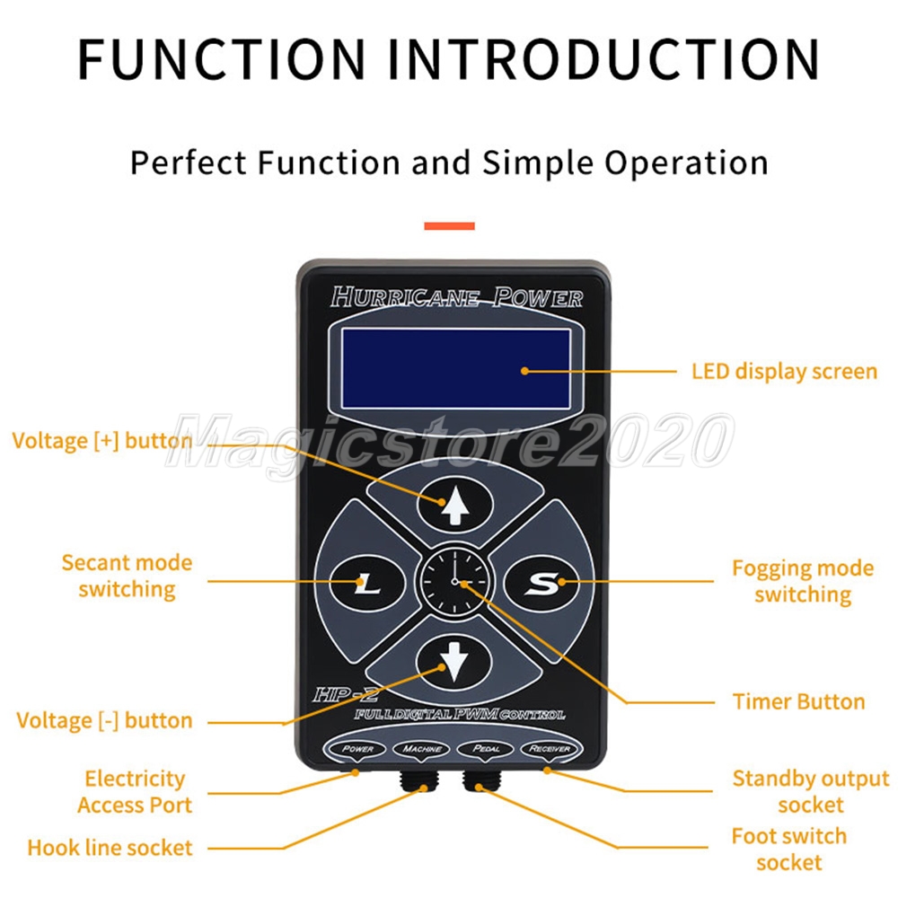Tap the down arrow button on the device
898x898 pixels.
(x=455, y=665)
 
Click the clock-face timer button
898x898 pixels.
(x=455, y=583)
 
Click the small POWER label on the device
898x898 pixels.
(x=357, y=748)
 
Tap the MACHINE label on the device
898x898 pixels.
(x=421, y=748)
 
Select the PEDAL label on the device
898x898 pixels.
(x=484, y=748)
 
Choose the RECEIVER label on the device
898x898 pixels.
(x=550, y=748)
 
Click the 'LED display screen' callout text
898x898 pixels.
(x=783, y=371)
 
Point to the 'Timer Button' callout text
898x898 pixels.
(x=798, y=701)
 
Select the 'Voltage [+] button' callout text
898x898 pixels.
(x=101, y=441)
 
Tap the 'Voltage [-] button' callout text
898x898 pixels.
(x=104, y=720)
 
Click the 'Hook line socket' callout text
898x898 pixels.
(x=110, y=847)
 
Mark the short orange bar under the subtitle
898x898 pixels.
(x=449, y=226)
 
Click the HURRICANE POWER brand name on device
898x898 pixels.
(x=456, y=297)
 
